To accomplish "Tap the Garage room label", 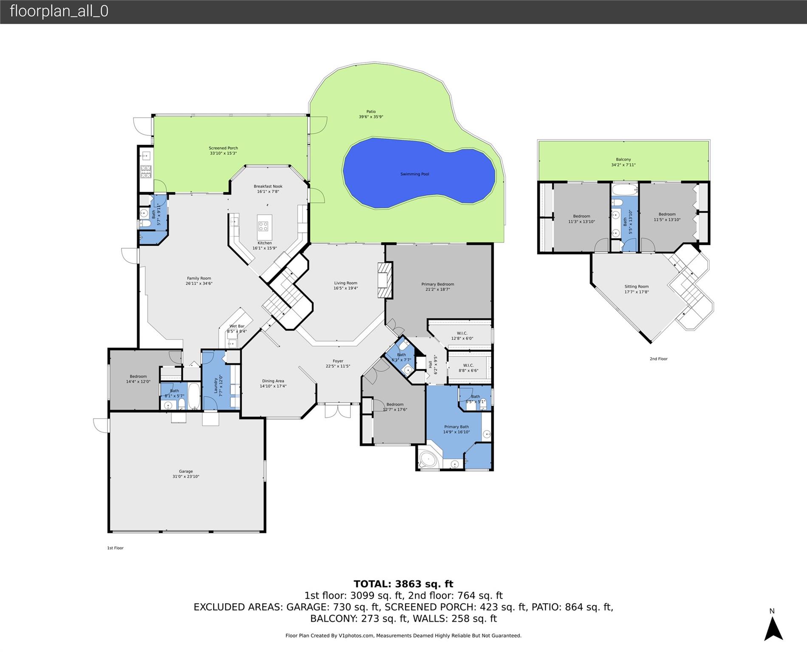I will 186,471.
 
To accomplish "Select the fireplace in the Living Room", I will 385,281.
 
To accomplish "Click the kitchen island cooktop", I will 263,226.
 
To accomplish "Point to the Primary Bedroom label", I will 437,284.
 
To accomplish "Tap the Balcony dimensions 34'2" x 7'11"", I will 623,165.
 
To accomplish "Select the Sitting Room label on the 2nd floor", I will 636,287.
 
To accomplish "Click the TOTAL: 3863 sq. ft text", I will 403,584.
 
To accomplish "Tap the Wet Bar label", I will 237,326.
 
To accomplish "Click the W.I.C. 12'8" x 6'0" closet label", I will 462,336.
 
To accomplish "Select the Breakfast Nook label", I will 268,186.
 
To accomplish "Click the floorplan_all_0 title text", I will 59,11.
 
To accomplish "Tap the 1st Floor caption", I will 115,548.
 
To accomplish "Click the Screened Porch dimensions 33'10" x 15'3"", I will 223,153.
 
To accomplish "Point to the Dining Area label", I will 273,381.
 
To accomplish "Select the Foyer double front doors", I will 338,411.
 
